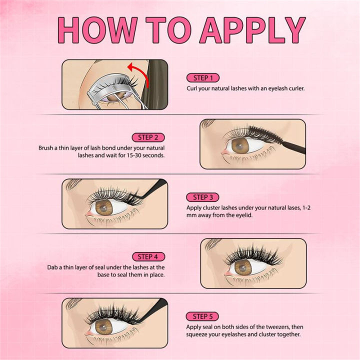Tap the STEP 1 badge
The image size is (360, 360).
202,78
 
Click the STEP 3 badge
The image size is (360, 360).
202,197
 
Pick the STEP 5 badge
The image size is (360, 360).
202,316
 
